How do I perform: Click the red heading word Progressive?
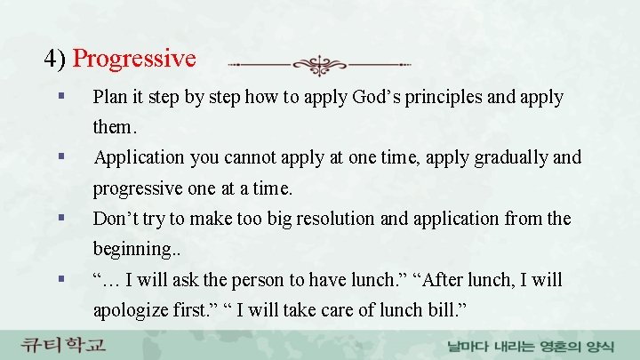pos(134,60)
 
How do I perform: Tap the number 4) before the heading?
pos(55,60)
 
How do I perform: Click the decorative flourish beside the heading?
pos(320,65)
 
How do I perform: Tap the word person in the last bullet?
pos(265,280)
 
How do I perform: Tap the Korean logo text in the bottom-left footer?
pos(64,344)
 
